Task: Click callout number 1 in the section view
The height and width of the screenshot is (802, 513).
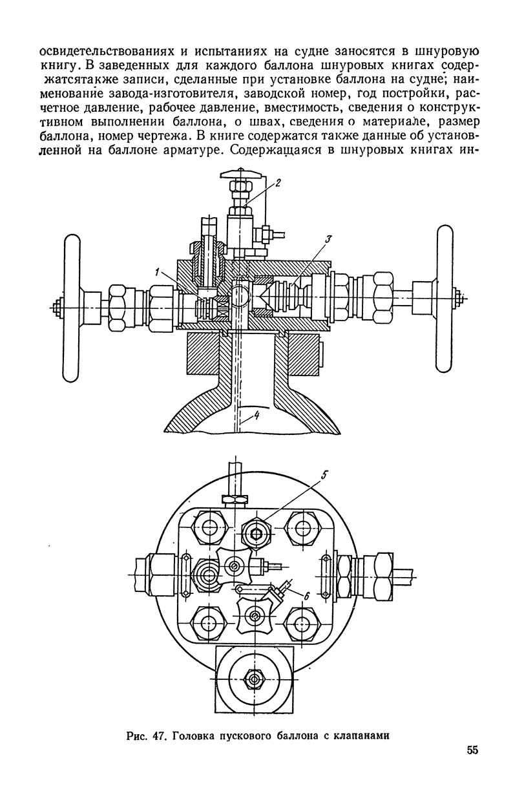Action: pos(157,273)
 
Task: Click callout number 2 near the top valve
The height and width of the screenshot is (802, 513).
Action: pos(278,184)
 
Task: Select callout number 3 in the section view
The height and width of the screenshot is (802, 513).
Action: pos(328,240)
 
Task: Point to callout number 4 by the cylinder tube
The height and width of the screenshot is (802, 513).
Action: pos(256,416)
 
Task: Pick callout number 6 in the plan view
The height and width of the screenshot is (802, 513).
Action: pos(307,596)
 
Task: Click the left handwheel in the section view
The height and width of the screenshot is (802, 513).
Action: pos(72,308)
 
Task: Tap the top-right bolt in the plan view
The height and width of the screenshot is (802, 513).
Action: pos(302,528)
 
